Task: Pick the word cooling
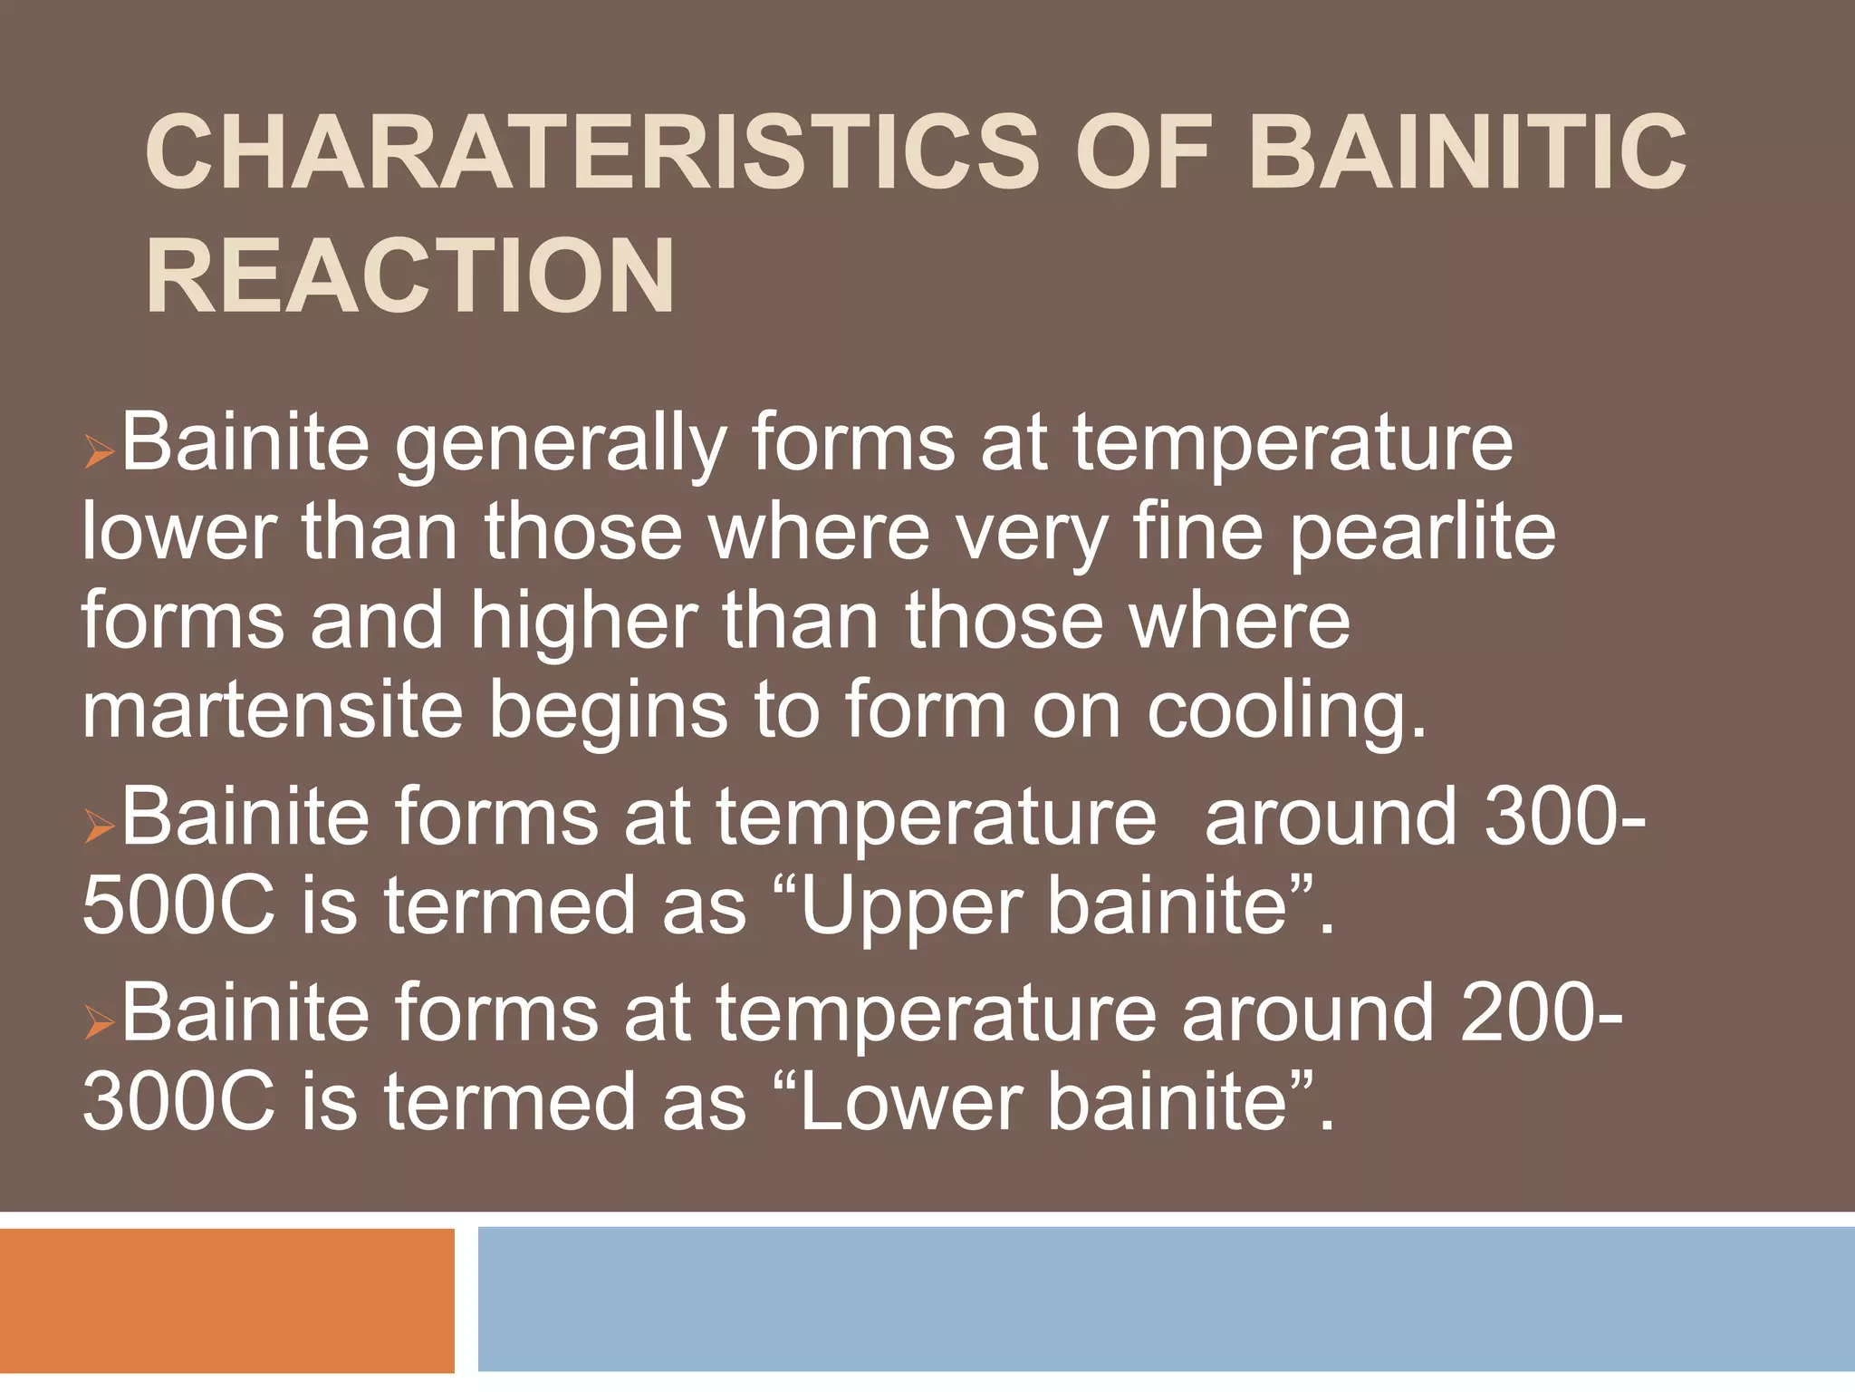coord(1286,711)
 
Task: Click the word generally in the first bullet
coord(561,444)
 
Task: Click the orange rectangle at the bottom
coord(226,1300)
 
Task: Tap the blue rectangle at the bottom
coord(1166,1300)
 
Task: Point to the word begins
coord(608,711)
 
